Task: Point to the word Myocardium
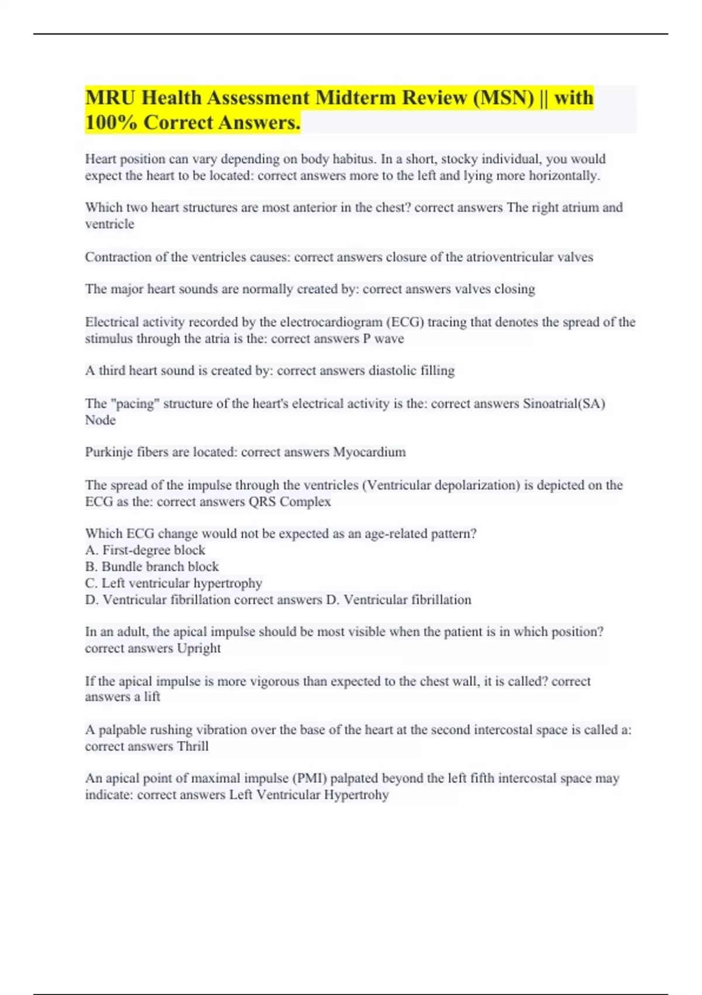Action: (x=369, y=452)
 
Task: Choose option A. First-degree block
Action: (x=145, y=550)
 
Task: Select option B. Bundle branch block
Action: (x=152, y=567)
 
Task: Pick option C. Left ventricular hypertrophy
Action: (x=174, y=583)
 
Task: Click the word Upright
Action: (x=198, y=648)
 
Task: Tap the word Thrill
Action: (x=192, y=746)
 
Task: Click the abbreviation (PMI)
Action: (x=311, y=778)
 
